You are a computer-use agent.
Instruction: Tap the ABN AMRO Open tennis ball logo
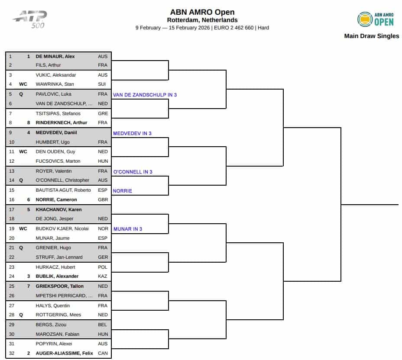pyautogui.click(x=365, y=19)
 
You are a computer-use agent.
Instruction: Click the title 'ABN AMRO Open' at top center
pyautogui.click(x=202, y=12)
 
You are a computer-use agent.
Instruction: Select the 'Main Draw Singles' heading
pyautogui.click(x=371, y=36)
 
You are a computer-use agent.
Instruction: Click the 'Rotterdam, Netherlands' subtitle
pyautogui.click(x=202, y=20)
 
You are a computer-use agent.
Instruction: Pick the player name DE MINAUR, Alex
pyautogui.click(x=55, y=56)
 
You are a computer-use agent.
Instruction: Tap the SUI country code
pyautogui.click(x=102, y=84)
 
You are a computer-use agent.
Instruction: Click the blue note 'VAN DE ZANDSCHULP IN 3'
pyautogui.click(x=145, y=94)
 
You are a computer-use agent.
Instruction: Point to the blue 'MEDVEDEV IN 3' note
pyautogui.click(x=132, y=133)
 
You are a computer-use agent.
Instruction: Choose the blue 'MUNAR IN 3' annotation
pyautogui.click(x=127, y=229)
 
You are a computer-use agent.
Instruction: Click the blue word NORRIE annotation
pyautogui.click(x=122, y=191)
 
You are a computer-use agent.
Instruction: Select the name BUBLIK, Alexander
pyautogui.click(x=57, y=276)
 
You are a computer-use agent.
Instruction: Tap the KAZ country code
pyautogui.click(x=103, y=276)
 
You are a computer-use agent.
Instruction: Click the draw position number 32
pyautogui.click(x=11, y=354)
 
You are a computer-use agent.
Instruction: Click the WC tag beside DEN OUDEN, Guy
pyautogui.click(x=23, y=151)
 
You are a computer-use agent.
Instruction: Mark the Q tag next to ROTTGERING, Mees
pyautogui.click(x=21, y=315)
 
